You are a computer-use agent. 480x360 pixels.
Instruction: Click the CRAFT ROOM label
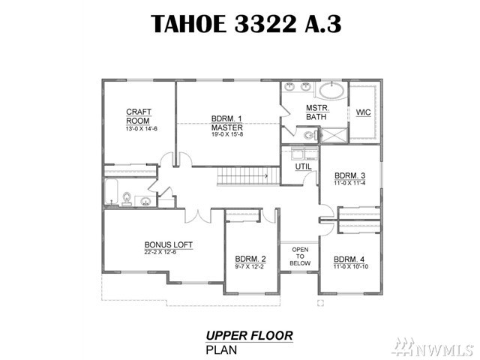pyautogui.click(x=139, y=116)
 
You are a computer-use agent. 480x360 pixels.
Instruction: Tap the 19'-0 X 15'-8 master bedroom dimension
pyautogui.click(x=226, y=134)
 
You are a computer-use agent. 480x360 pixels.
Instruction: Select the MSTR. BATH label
pyautogui.click(x=317, y=112)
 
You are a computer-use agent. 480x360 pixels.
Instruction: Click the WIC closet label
pyautogui.click(x=363, y=112)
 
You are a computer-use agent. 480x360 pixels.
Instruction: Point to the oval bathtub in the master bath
pyautogui.click(x=332, y=90)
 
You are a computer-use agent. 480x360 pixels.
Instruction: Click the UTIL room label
pyautogui.click(x=303, y=166)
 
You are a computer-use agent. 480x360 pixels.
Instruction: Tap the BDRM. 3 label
pyautogui.click(x=349, y=175)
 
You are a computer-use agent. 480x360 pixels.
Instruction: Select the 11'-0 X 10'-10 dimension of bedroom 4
pyautogui.click(x=351, y=267)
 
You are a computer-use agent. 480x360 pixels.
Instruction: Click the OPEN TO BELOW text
pyautogui.click(x=300, y=256)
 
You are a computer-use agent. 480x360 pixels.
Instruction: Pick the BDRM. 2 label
pyautogui.click(x=250, y=259)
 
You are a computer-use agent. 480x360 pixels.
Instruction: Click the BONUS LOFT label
pyautogui.click(x=168, y=245)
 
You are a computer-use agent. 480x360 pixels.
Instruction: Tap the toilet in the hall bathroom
pyautogui.click(x=127, y=199)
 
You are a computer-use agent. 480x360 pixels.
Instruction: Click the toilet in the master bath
pyautogui.click(x=311, y=135)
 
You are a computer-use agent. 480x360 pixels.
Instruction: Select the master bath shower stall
pyautogui.click(x=334, y=135)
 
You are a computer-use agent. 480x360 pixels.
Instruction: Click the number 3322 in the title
pyautogui.click(x=265, y=23)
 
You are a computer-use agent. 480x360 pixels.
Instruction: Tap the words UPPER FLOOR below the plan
pyautogui.click(x=249, y=335)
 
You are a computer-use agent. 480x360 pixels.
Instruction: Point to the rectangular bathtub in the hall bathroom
pyautogui.click(x=112, y=192)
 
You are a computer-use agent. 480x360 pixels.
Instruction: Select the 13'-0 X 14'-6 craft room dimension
pyautogui.click(x=141, y=129)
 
